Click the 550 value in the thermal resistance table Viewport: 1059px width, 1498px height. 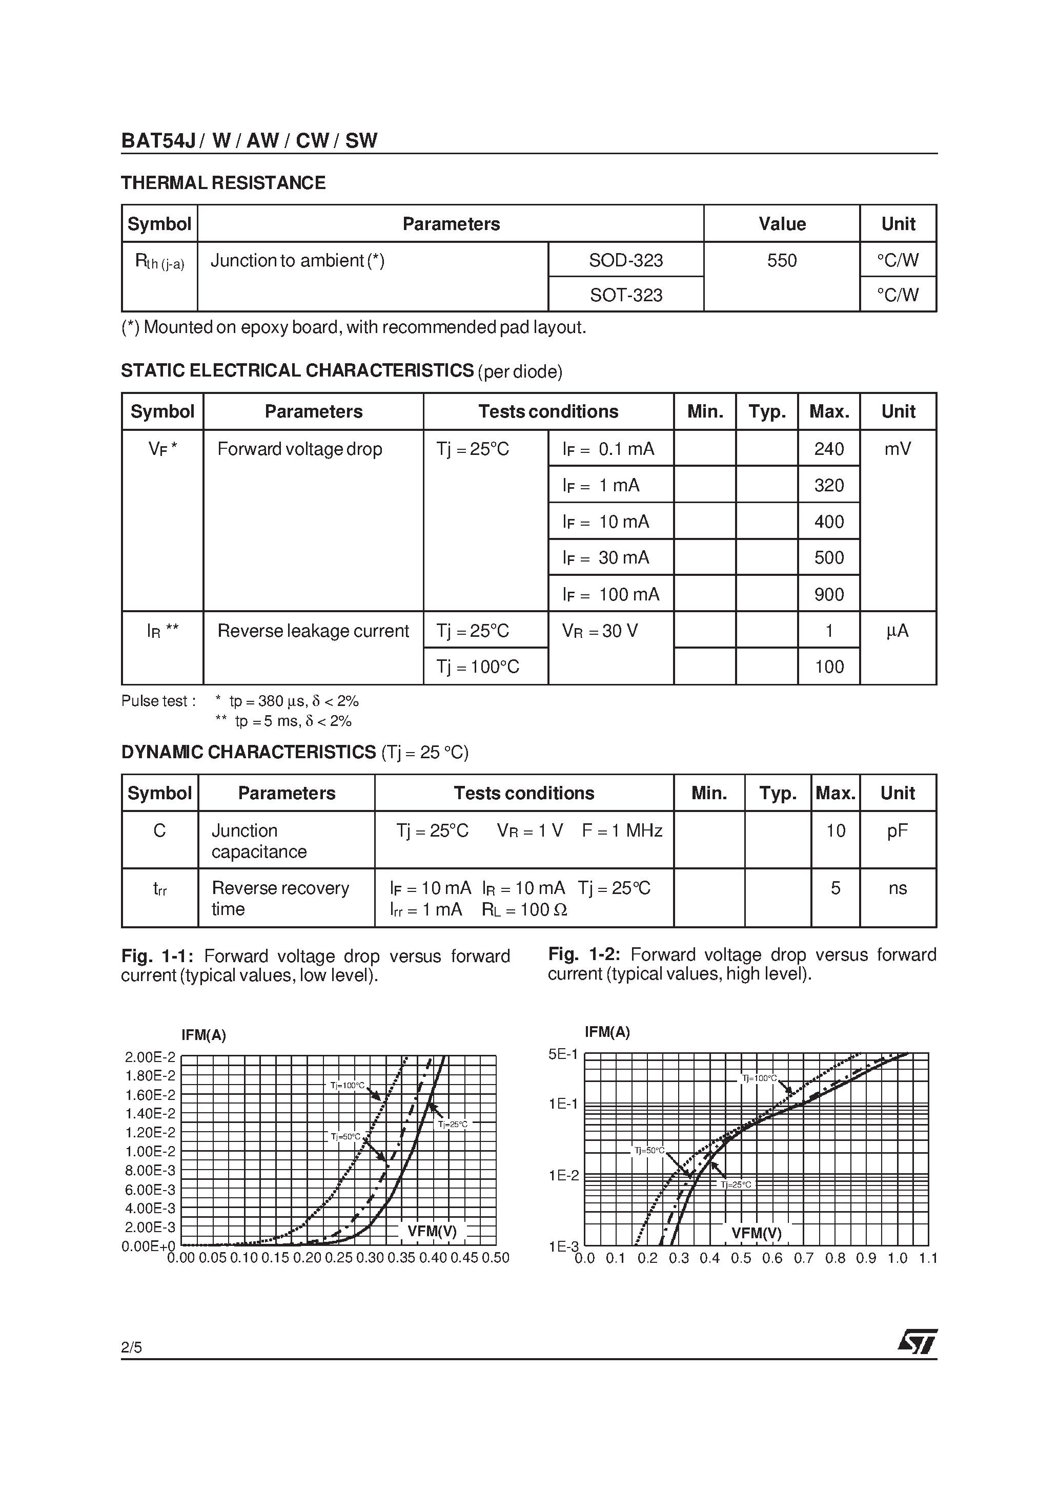click(x=782, y=260)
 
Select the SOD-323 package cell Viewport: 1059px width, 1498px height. click(x=625, y=260)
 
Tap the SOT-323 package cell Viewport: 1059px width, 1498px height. click(x=625, y=295)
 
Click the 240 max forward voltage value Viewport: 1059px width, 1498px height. click(x=828, y=449)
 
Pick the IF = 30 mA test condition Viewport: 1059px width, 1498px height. click(x=606, y=558)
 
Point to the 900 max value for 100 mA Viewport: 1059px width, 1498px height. click(x=828, y=594)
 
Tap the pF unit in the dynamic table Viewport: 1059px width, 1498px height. click(x=897, y=830)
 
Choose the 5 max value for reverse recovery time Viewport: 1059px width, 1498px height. click(x=835, y=888)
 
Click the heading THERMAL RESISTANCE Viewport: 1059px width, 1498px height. click(x=223, y=183)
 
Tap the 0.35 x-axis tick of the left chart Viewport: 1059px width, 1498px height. click(x=401, y=1258)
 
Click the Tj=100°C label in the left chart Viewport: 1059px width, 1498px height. click(x=347, y=1086)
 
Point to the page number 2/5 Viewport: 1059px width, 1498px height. click(x=131, y=1347)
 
